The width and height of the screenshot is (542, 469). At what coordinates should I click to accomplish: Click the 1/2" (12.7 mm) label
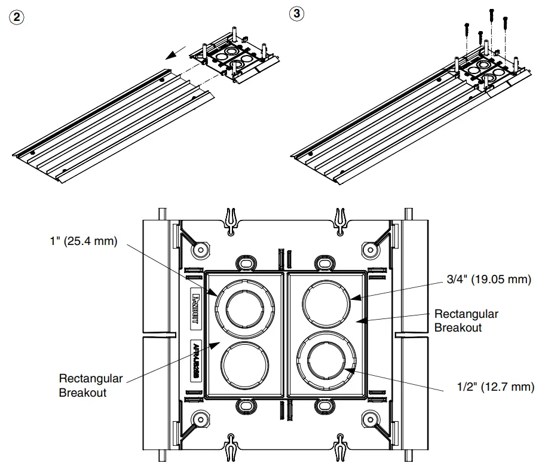[x=491, y=387]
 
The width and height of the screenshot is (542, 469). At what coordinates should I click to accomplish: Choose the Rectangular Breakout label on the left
[x=91, y=386]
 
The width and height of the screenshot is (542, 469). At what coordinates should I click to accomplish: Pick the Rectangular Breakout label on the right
[x=466, y=320]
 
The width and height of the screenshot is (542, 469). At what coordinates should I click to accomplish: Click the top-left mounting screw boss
[x=200, y=248]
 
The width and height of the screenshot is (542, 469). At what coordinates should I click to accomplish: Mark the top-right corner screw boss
[x=370, y=248]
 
